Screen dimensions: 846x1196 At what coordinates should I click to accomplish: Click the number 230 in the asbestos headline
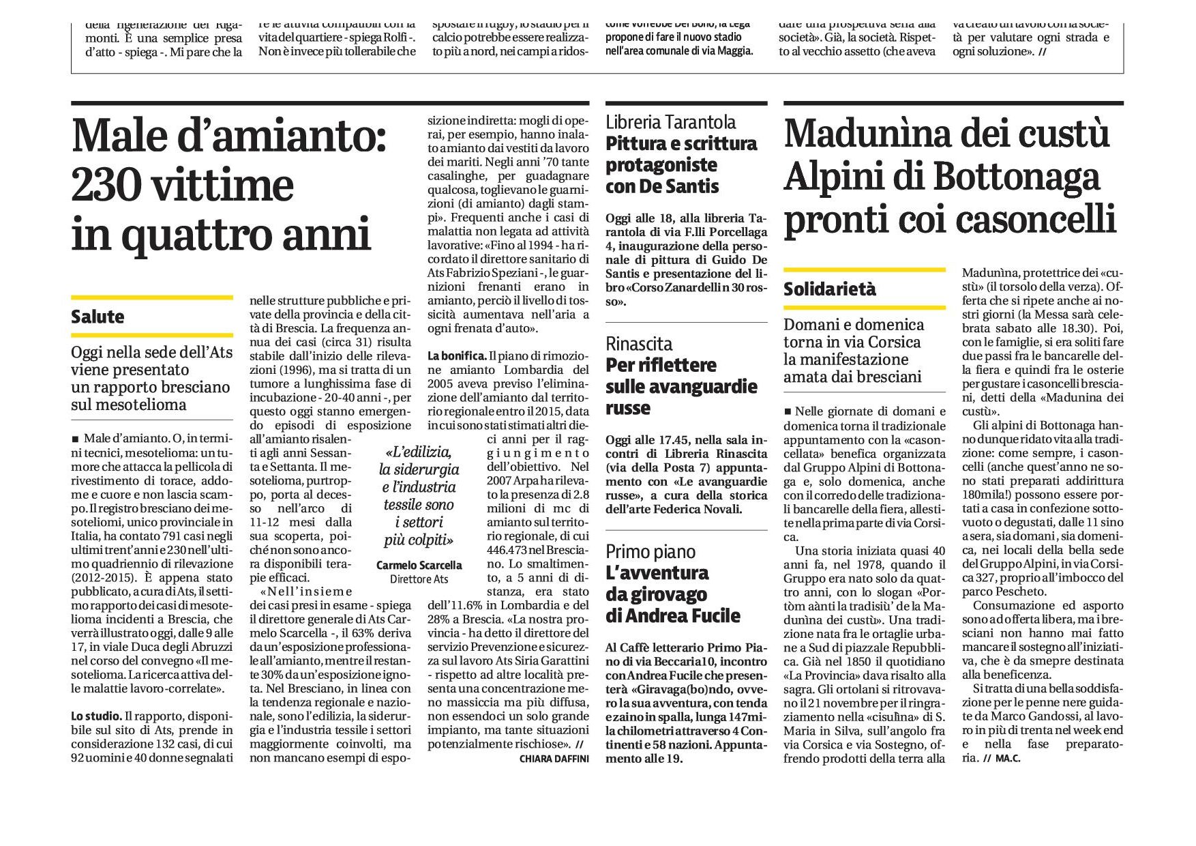tap(108, 186)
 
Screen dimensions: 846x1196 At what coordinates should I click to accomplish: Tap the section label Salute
tap(98, 317)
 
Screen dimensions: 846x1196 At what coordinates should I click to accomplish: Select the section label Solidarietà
tap(829, 289)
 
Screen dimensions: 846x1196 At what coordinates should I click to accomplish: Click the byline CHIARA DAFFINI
tap(554, 759)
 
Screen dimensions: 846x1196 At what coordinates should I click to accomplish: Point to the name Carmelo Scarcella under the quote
tap(419, 565)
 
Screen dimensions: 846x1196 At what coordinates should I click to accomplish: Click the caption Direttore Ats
tap(419, 579)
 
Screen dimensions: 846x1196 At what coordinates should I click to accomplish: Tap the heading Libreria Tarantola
tap(671, 122)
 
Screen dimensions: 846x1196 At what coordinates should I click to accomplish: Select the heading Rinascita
tap(639, 344)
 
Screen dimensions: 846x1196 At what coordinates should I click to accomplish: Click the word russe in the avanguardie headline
tap(627, 408)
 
